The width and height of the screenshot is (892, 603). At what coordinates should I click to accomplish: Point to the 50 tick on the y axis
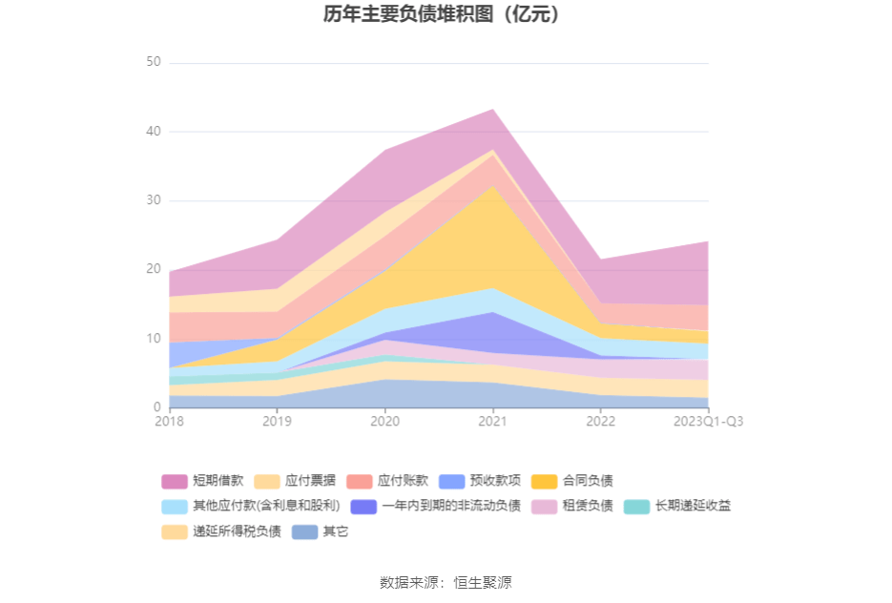153,62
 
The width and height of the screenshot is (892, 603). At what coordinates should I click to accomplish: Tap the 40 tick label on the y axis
153,132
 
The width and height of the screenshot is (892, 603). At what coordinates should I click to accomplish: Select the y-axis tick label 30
153,200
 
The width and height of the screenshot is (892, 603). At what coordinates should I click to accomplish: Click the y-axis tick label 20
153,270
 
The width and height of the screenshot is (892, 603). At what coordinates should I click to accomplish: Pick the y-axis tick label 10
153,339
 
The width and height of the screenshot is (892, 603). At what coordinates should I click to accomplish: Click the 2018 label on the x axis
170,421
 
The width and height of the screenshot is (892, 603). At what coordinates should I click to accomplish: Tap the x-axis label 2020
384,421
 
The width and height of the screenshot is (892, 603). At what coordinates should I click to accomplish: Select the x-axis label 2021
492,421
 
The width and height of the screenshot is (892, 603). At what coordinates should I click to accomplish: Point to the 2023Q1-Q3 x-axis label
708,421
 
